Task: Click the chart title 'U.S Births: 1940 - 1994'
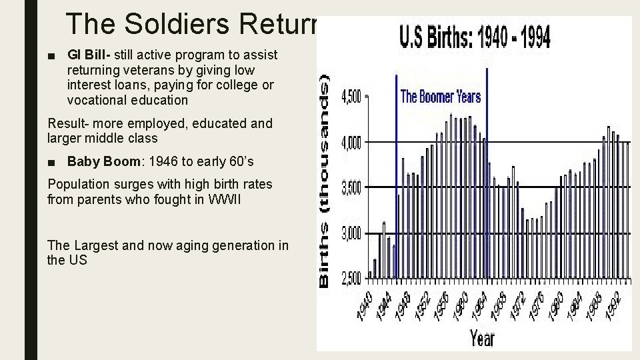point(475,38)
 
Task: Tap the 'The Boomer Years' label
point(440,97)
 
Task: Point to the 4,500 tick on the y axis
point(351,97)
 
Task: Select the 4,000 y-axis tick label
point(351,143)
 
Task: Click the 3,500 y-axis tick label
point(351,189)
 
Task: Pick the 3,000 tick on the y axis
point(351,234)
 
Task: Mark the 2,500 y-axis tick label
point(351,279)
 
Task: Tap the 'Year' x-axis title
point(481,339)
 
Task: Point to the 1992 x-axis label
point(613,303)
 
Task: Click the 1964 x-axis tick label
point(479,303)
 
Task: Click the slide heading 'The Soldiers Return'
point(193,24)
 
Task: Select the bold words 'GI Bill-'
point(89,55)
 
